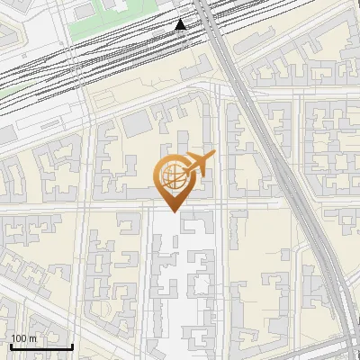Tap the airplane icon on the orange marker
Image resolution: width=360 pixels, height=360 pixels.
point(196,165)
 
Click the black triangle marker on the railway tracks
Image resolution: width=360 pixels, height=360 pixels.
point(181,24)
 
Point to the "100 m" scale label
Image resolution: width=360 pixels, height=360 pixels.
point(22,338)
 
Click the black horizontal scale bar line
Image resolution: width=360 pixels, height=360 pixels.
point(41,346)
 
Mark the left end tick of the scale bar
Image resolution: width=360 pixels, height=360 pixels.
point(11,346)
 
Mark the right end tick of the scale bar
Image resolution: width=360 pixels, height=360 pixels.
point(72,346)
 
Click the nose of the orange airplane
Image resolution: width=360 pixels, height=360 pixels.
point(214,157)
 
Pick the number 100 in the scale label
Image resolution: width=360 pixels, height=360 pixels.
point(19,338)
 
